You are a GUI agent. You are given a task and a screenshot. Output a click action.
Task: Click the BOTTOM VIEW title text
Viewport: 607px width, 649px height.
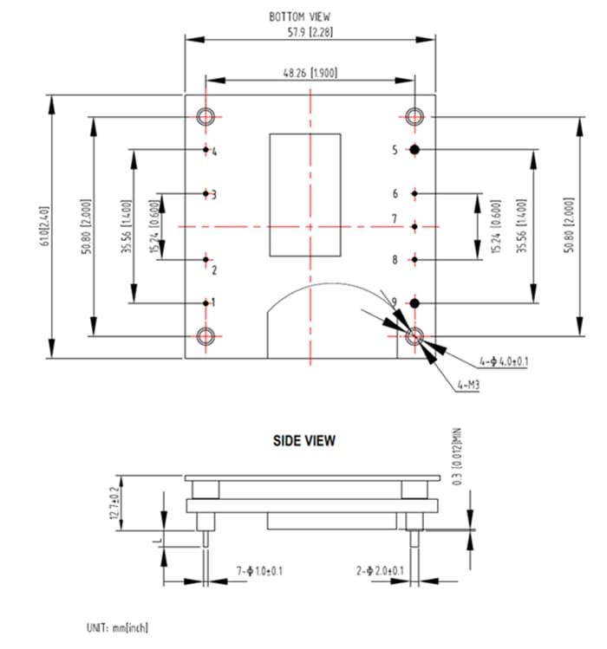click(x=299, y=16)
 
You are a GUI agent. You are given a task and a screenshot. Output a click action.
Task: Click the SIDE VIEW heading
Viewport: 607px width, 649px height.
click(x=304, y=441)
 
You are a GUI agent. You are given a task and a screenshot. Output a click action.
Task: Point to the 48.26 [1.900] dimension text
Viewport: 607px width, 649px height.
click(x=310, y=72)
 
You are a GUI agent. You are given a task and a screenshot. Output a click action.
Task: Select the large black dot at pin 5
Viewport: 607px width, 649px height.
click(x=415, y=149)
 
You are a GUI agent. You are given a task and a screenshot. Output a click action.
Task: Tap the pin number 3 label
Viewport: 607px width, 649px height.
click(x=213, y=194)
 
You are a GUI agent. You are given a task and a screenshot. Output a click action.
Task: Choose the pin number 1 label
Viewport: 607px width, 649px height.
click(x=213, y=302)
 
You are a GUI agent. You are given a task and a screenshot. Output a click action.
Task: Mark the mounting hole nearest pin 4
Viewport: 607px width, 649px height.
click(x=206, y=117)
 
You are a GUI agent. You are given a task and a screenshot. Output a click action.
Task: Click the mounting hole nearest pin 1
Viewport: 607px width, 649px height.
click(x=206, y=336)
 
